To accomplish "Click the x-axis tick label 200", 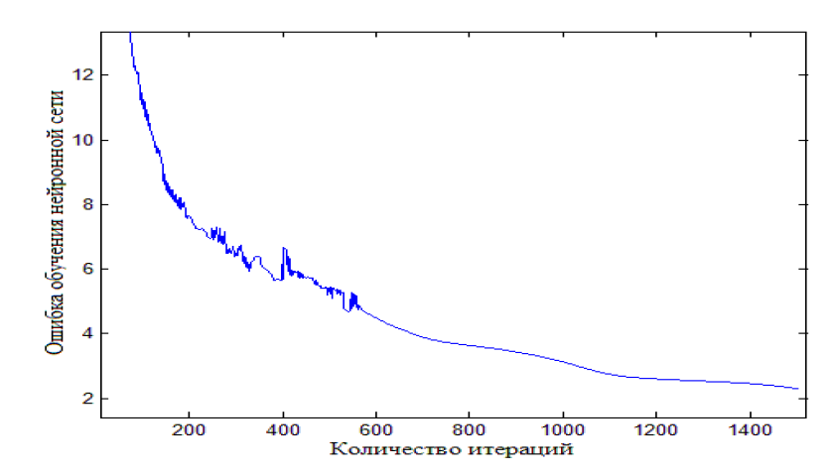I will click(x=189, y=429).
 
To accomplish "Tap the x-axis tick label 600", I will click(x=375, y=429).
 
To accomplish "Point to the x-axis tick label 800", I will click(x=469, y=429).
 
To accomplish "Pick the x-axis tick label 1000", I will click(x=562, y=429).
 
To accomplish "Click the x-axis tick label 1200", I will click(x=655, y=429).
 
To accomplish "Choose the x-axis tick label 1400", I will click(x=749, y=429).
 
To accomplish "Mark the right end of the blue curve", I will click(x=797, y=389).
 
